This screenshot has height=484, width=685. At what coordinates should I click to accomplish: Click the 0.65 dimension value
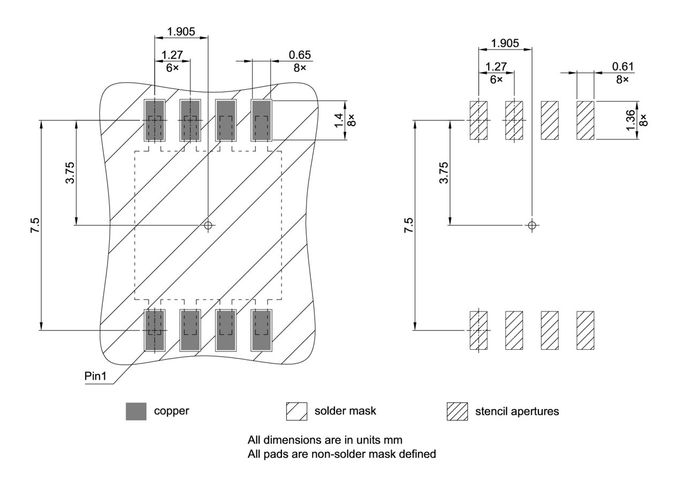[x=300, y=55]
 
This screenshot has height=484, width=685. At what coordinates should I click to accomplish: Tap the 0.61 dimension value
[x=623, y=67]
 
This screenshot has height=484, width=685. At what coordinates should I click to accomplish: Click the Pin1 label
[x=95, y=376]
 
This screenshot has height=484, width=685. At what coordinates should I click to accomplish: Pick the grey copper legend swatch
[x=136, y=411]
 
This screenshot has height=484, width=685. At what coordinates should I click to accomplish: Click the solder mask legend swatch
[x=296, y=411]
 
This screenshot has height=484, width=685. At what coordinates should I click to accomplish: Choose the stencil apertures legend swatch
[x=457, y=411]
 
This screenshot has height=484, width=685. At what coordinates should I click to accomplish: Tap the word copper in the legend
[x=171, y=411]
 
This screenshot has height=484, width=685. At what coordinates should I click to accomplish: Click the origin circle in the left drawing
[x=208, y=225]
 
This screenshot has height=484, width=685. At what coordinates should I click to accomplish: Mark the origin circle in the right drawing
[x=531, y=225]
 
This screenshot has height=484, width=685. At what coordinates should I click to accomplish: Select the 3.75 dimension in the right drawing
[x=443, y=172]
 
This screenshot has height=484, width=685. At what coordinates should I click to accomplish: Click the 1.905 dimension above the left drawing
[x=181, y=32]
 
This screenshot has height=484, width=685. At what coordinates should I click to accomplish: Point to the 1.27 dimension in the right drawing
[x=496, y=67]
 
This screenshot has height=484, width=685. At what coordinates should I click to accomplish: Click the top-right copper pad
[x=262, y=120]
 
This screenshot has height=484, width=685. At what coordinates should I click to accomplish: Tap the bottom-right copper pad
[x=262, y=331]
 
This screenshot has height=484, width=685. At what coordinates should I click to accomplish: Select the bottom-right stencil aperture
[x=585, y=331]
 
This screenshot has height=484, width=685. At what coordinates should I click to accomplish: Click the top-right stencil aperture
[x=585, y=120]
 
